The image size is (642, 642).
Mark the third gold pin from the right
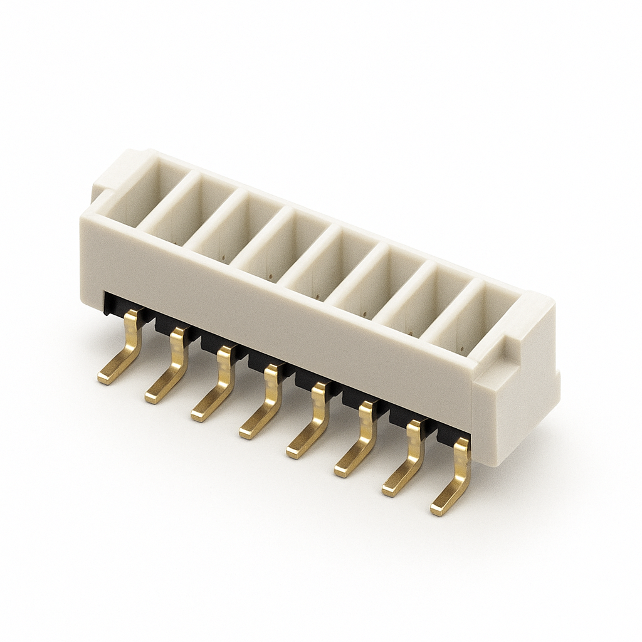click(360, 442)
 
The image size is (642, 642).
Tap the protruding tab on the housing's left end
click(103, 182)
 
